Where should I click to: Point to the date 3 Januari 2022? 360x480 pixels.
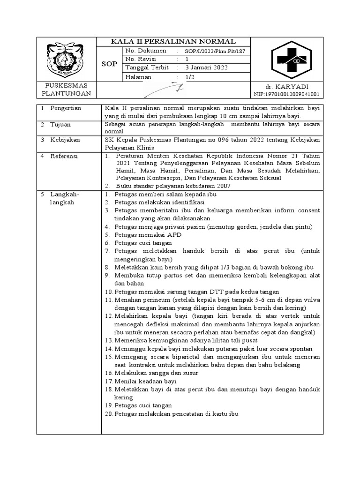coord(206,68)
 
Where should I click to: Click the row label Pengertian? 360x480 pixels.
coord(66,108)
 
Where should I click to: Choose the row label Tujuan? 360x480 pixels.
coord(60,124)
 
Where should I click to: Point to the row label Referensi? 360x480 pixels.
coord(65,156)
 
